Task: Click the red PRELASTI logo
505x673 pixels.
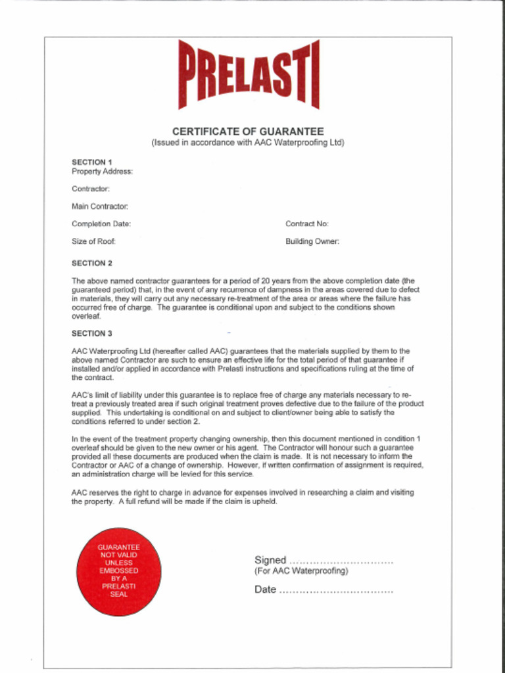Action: [x=249, y=74]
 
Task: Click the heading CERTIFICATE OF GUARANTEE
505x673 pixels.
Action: [x=248, y=131]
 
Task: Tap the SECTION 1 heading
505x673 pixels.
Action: [x=92, y=162]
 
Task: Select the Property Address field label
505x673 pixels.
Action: [x=102, y=172]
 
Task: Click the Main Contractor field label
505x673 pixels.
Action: [x=100, y=206]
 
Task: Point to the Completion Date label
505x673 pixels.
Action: [x=101, y=224]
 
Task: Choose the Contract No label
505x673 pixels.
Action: [x=307, y=224]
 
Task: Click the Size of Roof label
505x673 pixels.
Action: [x=94, y=241]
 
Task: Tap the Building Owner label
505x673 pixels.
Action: [x=312, y=241]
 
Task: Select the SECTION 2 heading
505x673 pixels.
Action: [x=92, y=264]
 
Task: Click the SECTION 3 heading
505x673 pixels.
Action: [x=92, y=333]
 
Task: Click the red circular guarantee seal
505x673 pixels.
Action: [x=119, y=571]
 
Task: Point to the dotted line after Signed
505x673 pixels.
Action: [x=341, y=561]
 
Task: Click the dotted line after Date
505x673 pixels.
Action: [x=336, y=590]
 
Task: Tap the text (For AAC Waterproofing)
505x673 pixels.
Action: [x=301, y=571]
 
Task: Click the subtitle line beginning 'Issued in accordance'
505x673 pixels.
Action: [x=248, y=143]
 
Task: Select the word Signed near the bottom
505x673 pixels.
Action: [x=270, y=561]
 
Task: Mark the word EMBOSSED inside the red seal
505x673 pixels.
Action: [x=119, y=570]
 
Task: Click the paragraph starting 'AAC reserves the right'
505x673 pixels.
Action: [x=243, y=497]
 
